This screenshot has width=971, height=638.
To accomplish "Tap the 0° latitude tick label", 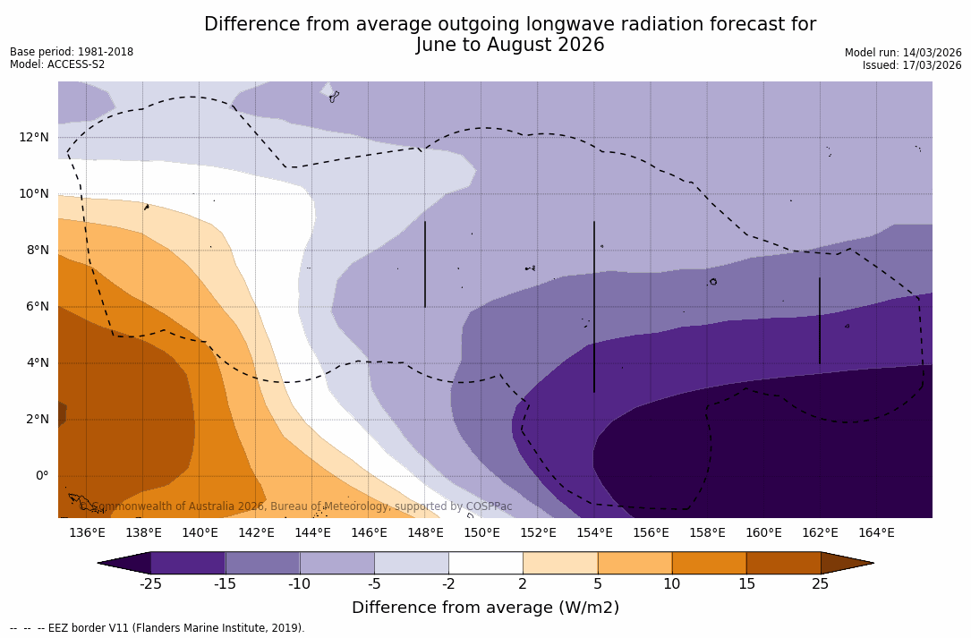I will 41,475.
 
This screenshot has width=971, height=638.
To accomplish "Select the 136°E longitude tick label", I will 87,533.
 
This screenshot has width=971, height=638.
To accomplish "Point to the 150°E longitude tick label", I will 481,533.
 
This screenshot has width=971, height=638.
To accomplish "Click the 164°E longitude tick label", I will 876,533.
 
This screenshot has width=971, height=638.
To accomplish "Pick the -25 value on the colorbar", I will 150,584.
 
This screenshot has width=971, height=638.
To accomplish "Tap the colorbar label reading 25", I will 820,584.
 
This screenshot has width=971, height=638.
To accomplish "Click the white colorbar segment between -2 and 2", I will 485,563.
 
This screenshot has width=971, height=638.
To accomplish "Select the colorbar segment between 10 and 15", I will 708,563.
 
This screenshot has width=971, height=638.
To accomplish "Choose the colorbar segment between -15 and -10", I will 262,563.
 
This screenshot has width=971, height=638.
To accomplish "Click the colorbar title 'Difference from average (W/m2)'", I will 485,608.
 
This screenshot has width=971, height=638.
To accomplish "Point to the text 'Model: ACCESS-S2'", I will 57,64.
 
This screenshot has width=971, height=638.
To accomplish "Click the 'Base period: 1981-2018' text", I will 72,52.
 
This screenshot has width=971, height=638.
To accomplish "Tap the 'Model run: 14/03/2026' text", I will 903,53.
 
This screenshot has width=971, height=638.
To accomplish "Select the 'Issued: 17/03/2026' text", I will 912,65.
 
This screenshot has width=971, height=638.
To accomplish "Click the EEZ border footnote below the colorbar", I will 158,628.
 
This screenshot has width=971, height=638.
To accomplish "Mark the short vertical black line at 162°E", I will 819,320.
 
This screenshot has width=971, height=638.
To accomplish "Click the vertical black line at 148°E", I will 424,264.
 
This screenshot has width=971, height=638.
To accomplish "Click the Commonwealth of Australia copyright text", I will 296,506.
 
